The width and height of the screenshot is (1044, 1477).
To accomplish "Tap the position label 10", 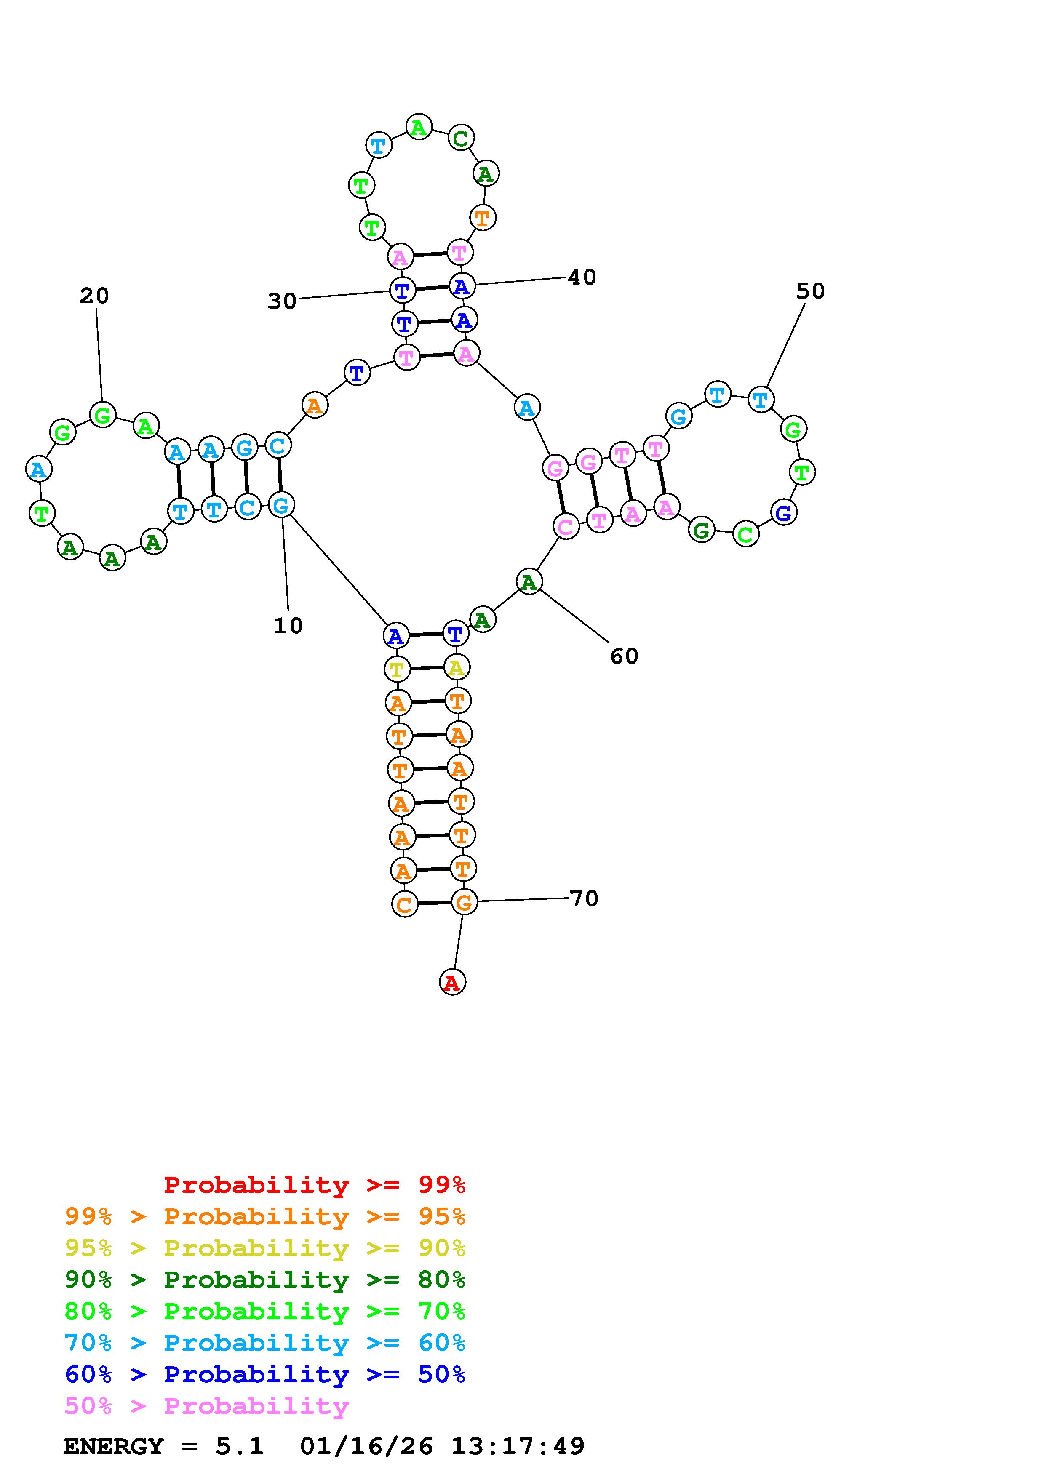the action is [x=288, y=625].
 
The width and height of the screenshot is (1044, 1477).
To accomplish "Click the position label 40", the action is [x=582, y=277].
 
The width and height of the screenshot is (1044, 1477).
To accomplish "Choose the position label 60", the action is [x=624, y=656].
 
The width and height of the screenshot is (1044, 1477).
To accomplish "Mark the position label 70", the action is [x=584, y=898].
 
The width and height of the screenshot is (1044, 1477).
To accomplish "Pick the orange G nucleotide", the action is [x=464, y=902].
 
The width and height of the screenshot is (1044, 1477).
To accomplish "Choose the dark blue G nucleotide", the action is [x=783, y=513].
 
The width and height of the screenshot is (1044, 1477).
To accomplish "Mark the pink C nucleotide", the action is [x=566, y=527].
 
